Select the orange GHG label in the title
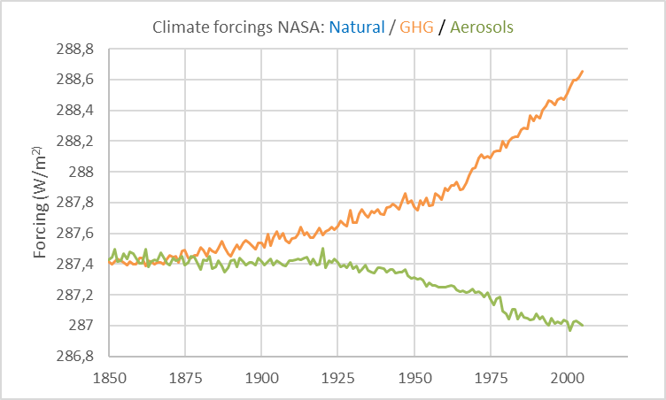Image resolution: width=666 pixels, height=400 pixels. pos(415,27)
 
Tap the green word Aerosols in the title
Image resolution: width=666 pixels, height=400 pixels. pos(481,27)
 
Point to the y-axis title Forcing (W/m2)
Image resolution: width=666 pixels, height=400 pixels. pos(41,203)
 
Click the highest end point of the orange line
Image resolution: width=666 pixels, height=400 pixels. pos(582,71)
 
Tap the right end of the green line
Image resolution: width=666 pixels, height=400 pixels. pos(582,325)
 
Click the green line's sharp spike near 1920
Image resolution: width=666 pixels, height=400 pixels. pos(322,248)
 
